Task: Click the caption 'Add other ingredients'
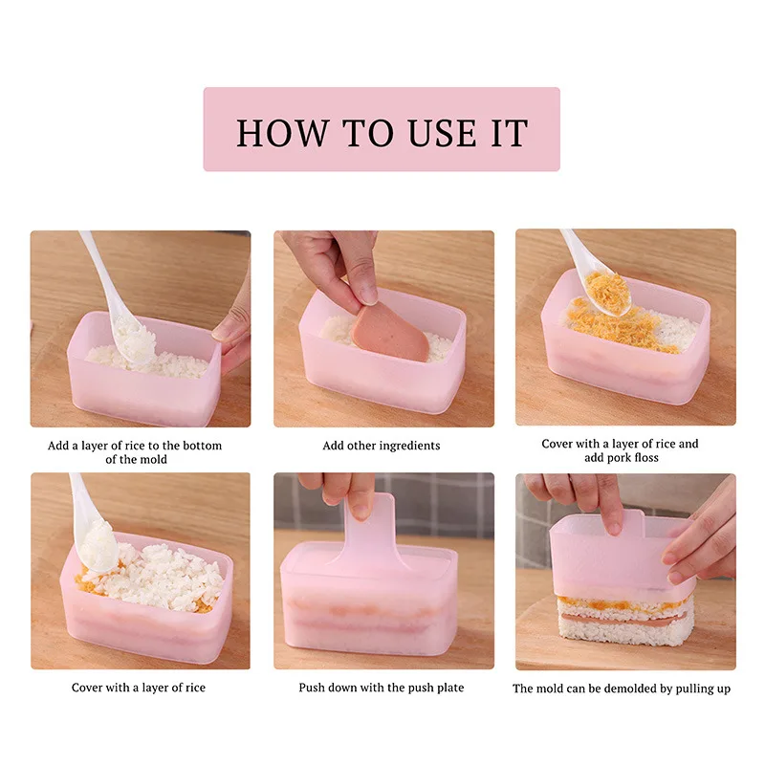(x=382, y=446)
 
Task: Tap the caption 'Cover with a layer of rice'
(x=139, y=688)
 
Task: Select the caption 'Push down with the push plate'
(x=382, y=688)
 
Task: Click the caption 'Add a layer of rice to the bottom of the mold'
(x=135, y=451)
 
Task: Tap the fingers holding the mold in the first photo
(x=232, y=330)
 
